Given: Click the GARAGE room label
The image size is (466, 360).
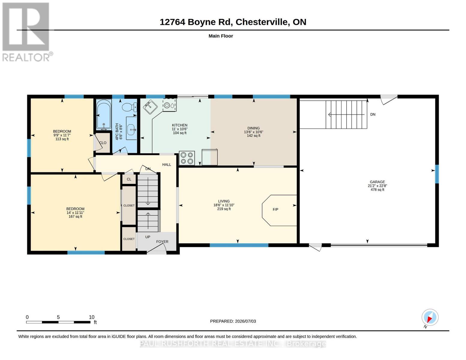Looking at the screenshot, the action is [377, 182].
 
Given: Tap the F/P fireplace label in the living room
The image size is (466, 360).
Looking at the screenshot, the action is [275, 209].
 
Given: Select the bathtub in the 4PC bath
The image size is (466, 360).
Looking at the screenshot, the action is [104, 115].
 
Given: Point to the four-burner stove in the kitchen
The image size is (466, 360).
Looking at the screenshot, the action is [187, 158].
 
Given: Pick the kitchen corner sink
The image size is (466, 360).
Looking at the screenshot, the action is [150, 106].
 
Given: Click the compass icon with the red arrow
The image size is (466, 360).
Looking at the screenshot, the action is [430, 317].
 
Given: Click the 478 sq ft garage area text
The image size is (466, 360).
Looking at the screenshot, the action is [377, 190].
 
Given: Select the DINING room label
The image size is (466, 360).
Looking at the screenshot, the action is [254, 128].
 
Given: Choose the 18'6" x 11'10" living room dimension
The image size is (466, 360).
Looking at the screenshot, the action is [224, 205].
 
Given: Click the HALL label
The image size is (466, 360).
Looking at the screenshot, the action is [167, 165].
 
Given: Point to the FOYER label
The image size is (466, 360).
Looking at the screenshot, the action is [162, 241].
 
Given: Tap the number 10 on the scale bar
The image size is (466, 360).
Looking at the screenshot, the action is [92, 317].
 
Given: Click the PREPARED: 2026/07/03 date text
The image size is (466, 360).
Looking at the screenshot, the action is [233, 321].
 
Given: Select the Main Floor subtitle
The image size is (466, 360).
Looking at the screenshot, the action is [221, 36].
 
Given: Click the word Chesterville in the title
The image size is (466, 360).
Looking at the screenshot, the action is [262, 22].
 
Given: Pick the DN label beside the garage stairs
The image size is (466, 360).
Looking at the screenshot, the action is [373, 115].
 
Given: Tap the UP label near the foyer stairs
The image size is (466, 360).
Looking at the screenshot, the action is [148, 237].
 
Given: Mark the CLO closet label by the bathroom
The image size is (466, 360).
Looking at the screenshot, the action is [103, 143].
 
